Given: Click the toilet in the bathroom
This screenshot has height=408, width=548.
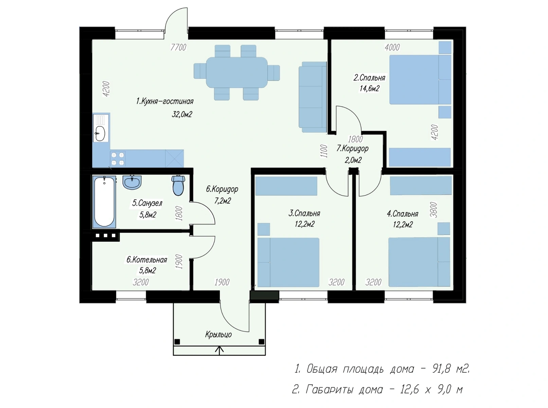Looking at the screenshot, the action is tap(178, 185).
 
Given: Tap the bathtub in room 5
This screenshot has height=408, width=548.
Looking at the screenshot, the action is tap(104, 202).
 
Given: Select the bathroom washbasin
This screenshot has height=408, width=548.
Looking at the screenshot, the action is tap(132, 182).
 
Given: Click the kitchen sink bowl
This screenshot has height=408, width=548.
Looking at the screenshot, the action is tap(100, 134).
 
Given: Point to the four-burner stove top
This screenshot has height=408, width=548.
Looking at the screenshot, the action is tap(118, 159).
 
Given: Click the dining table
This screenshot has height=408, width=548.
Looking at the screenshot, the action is tap(237, 72).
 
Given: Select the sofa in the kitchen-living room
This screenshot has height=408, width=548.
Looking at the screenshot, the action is tap(313, 97).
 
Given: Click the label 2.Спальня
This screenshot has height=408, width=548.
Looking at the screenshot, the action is tap(369, 78).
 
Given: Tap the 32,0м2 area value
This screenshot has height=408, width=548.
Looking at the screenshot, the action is tap(182, 114).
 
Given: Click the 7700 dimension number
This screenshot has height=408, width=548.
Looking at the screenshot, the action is tap(178, 47).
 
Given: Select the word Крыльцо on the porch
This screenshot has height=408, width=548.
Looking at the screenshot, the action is tap(218, 335).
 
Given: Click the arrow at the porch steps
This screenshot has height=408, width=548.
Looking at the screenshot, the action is tap(219, 351).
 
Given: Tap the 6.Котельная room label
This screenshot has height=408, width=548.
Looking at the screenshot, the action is tap(147, 260).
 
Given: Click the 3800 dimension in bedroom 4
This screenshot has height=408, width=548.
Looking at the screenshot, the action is tap(434, 210).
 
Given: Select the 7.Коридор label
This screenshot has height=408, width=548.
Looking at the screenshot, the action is tap(352, 148).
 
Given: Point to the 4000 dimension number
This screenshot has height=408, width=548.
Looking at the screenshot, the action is tap(392, 47).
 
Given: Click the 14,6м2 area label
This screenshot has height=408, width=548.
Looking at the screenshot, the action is tap(369, 88).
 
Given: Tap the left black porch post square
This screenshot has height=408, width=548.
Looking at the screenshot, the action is tap(177, 342).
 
